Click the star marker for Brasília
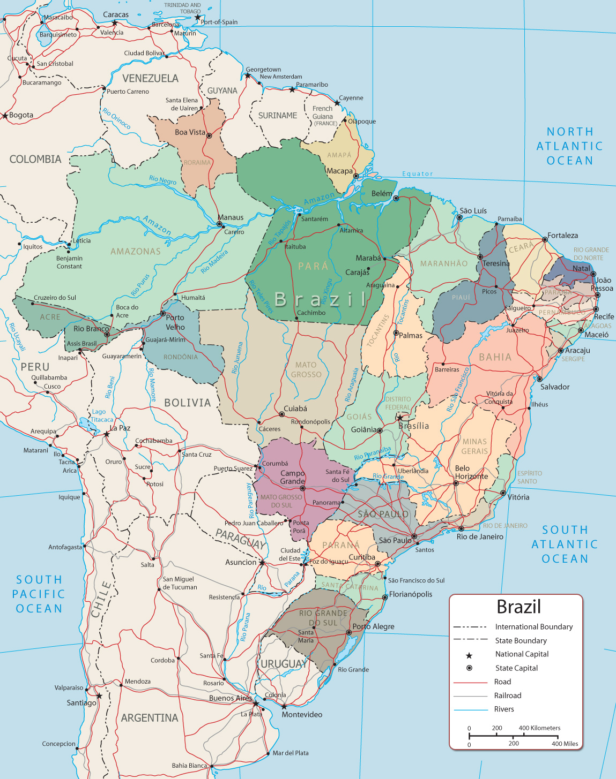pyautogui.click(x=399, y=418)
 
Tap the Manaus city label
pyautogui.click(x=231, y=217)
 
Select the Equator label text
pyautogui.click(x=417, y=174)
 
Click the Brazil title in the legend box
pyautogui.click(x=518, y=607)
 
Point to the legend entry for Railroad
pyautogui.click(x=507, y=695)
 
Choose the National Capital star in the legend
pyautogui.click(x=469, y=655)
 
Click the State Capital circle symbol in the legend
pyautogui.click(x=469, y=668)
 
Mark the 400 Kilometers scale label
pyautogui.click(x=539, y=728)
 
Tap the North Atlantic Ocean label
pyautogui.click(x=569, y=146)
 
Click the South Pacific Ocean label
pyautogui.click(x=39, y=594)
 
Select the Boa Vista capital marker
pyautogui.click(x=209, y=136)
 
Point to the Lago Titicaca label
pyautogui.click(x=102, y=416)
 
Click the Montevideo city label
pyautogui.click(x=302, y=715)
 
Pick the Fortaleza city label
pyautogui.click(x=562, y=236)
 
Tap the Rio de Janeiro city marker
pyautogui.click(x=461, y=528)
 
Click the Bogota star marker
pyautogui.click(x=5, y=116)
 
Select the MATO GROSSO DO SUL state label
pyautogui.click(x=281, y=501)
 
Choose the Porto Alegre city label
pyautogui.click(x=373, y=626)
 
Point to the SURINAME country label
pyautogui.click(x=277, y=116)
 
